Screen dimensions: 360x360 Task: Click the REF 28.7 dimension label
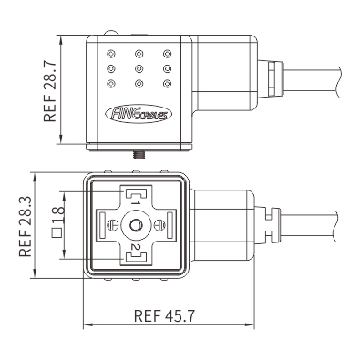tap(50, 91)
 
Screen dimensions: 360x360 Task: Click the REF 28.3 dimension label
tap(26, 226)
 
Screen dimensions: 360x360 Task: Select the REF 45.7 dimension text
tap(164, 316)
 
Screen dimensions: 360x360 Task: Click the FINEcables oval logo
tap(139, 114)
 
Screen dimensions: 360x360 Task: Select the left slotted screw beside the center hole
tap(113, 225)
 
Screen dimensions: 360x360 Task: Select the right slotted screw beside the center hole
tap(159, 225)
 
